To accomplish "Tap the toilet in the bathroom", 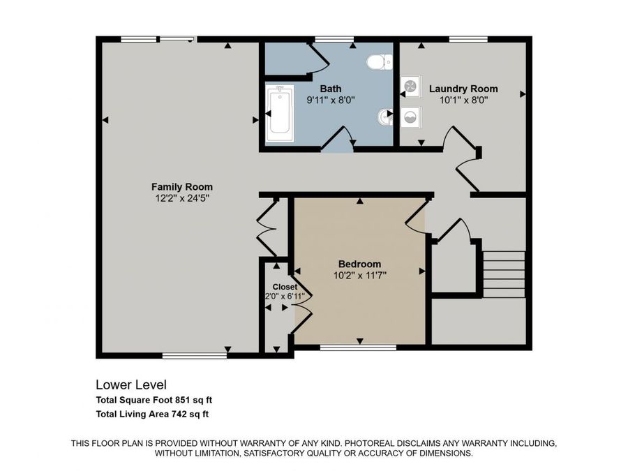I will [379, 63].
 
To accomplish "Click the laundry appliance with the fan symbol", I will [411, 87].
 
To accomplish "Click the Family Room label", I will [182, 186].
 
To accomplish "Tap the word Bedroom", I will [359, 264].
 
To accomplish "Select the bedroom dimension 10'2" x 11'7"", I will [359, 275].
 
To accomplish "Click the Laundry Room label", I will [463, 89].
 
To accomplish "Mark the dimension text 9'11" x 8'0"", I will [331, 100].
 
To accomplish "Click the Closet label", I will [285, 287].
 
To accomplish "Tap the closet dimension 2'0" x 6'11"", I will [281, 297].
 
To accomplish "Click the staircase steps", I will [504, 274].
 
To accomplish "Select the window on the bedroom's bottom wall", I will [358, 347].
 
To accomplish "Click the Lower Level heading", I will [130, 384].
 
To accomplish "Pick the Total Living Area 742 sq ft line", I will [152, 414].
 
